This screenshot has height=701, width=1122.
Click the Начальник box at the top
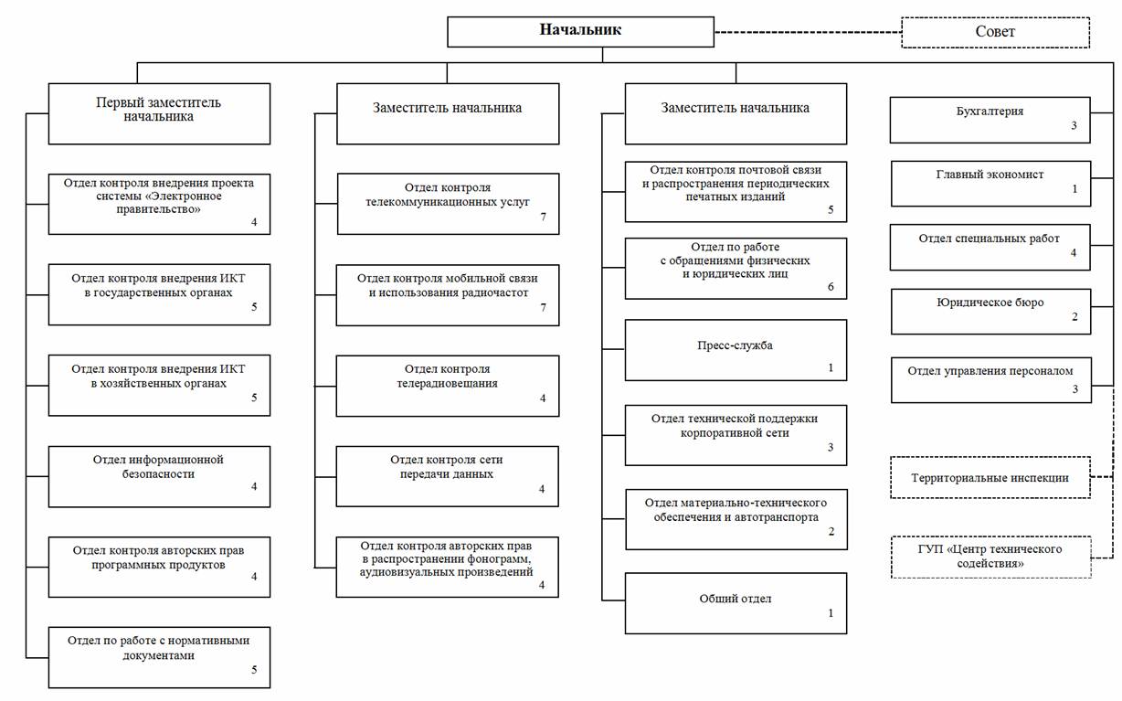(x=580, y=32)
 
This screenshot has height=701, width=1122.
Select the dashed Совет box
(x=995, y=33)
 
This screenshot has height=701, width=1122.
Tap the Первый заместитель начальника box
(x=159, y=113)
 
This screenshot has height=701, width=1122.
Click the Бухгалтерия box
(x=990, y=121)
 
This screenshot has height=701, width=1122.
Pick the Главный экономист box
(x=990, y=184)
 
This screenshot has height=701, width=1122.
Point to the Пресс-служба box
(x=736, y=350)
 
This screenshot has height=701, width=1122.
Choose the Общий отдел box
(x=736, y=603)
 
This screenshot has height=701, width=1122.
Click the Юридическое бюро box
(x=990, y=311)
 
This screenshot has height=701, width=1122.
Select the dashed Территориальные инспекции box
(x=990, y=477)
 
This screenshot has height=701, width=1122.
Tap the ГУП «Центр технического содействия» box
(x=990, y=557)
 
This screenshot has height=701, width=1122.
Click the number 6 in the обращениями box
(x=831, y=287)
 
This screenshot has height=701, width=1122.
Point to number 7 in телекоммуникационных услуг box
(x=543, y=217)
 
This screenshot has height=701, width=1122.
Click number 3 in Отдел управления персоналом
(x=1074, y=388)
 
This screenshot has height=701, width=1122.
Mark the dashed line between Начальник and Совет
(x=808, y=33)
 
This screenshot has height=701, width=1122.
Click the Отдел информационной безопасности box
(x=159, y=476)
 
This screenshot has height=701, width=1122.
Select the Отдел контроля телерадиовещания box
(x=448, y=386)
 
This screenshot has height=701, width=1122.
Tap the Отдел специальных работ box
(x=990, y=248)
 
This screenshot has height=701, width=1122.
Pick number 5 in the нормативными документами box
(x=254, y=669)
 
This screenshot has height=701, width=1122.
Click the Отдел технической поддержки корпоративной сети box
(x=736, y=435)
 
